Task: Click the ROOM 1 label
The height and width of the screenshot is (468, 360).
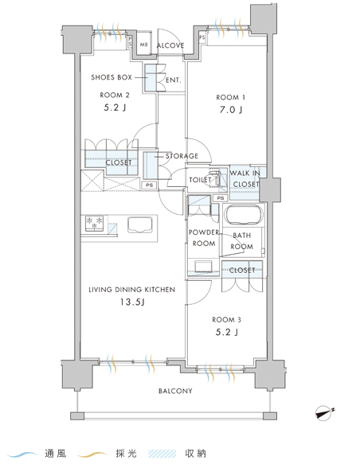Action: [x=230, y=97]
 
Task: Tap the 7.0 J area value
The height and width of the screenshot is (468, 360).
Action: [x=231, y=110]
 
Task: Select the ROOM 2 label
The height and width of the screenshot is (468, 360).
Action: [x=115, y=96]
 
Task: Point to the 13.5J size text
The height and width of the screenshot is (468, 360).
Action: [x=132, y=302]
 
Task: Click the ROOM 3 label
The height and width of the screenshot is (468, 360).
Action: [x=226, y=320]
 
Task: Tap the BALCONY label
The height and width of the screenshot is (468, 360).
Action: [x=175, y=391]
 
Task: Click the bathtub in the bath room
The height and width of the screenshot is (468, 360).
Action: [x=244, y=216]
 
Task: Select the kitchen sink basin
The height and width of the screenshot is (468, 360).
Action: [x=140, y=224]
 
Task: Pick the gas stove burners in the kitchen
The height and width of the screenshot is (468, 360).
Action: [x=94, y=224]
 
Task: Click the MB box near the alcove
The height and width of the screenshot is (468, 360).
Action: [x=143, y=45]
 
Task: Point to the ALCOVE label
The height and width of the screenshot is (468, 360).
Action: [x=170, y=45]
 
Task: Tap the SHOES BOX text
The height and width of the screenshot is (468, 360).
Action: [x=112, y=77]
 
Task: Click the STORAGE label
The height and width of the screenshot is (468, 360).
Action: [x=182, y=156]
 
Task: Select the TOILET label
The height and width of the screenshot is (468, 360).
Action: [x=200, y=180]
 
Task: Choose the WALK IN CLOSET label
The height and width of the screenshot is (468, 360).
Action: [x=245, y=178]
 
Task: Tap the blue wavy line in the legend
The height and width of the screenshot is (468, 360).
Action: [x=22, y=454]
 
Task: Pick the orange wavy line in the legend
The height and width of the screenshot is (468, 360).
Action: [x=92, y=454]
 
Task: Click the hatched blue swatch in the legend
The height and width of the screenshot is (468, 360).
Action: [x=162, y=454]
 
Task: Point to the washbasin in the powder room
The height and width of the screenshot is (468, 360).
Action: [x=203, y=266]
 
